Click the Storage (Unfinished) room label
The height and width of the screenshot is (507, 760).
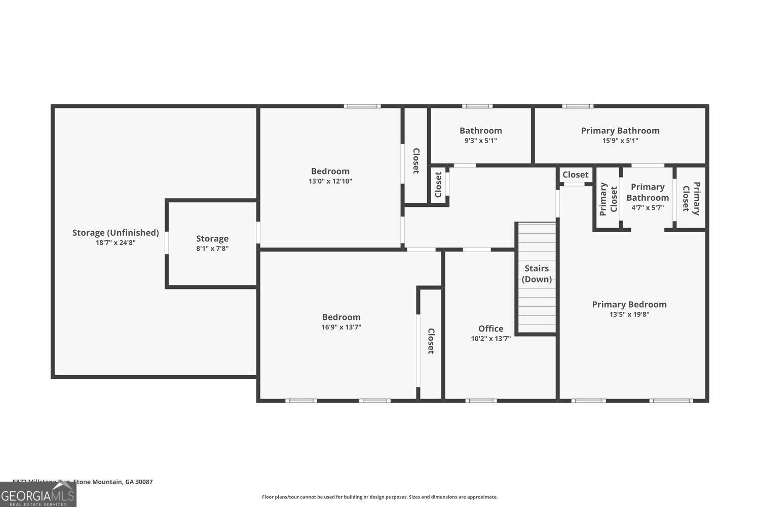pos(116,233)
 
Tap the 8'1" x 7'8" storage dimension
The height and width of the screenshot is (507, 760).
pos(212,248)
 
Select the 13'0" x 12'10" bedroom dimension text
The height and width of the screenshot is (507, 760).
pos(330,181)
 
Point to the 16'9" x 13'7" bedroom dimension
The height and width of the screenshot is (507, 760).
pos(341,327)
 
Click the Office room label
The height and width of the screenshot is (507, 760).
pos(490,329)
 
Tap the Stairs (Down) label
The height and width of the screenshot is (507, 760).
pos(537,274)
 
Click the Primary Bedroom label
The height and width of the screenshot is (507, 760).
pos(629,304)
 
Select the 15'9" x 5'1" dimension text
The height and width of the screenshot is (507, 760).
pos(620,140)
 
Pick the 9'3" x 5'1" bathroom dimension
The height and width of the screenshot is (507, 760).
pos(480,140)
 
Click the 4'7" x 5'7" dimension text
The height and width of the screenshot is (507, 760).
pos(648,207)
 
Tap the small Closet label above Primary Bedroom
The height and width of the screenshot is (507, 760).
pos(575,174)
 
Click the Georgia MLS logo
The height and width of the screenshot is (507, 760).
pos(38,494)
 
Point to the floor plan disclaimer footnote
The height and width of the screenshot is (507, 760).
pos(379,497)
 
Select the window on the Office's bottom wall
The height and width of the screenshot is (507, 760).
pos(481,401)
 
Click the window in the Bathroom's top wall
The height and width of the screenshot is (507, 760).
pos(477,106)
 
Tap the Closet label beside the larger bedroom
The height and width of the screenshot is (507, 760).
pos(431,341)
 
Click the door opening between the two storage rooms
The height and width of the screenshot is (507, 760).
pos(167,243)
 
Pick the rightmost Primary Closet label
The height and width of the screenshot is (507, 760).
pos(691,198)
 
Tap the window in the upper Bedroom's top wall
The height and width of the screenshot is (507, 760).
pos(362,106)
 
